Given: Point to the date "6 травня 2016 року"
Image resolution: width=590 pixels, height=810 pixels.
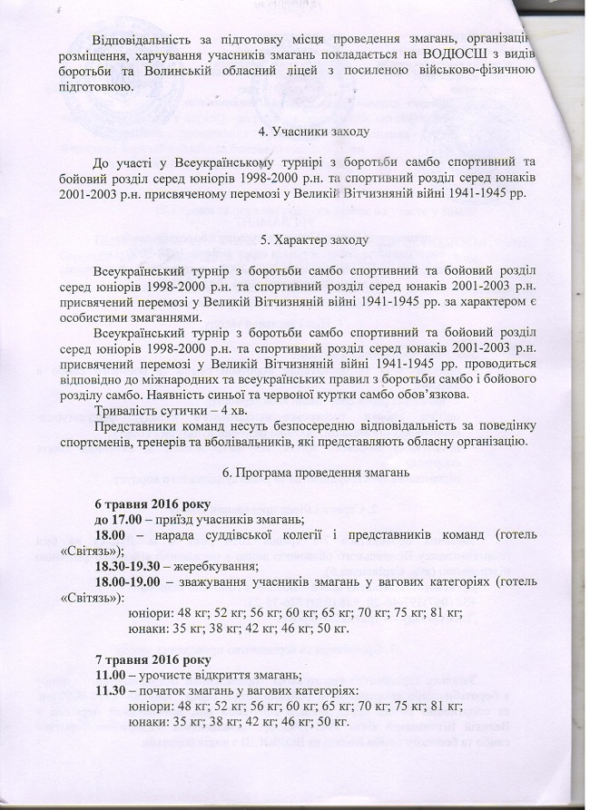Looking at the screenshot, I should point(152,503).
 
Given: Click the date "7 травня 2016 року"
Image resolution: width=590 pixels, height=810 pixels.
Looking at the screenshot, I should point(152,657).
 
